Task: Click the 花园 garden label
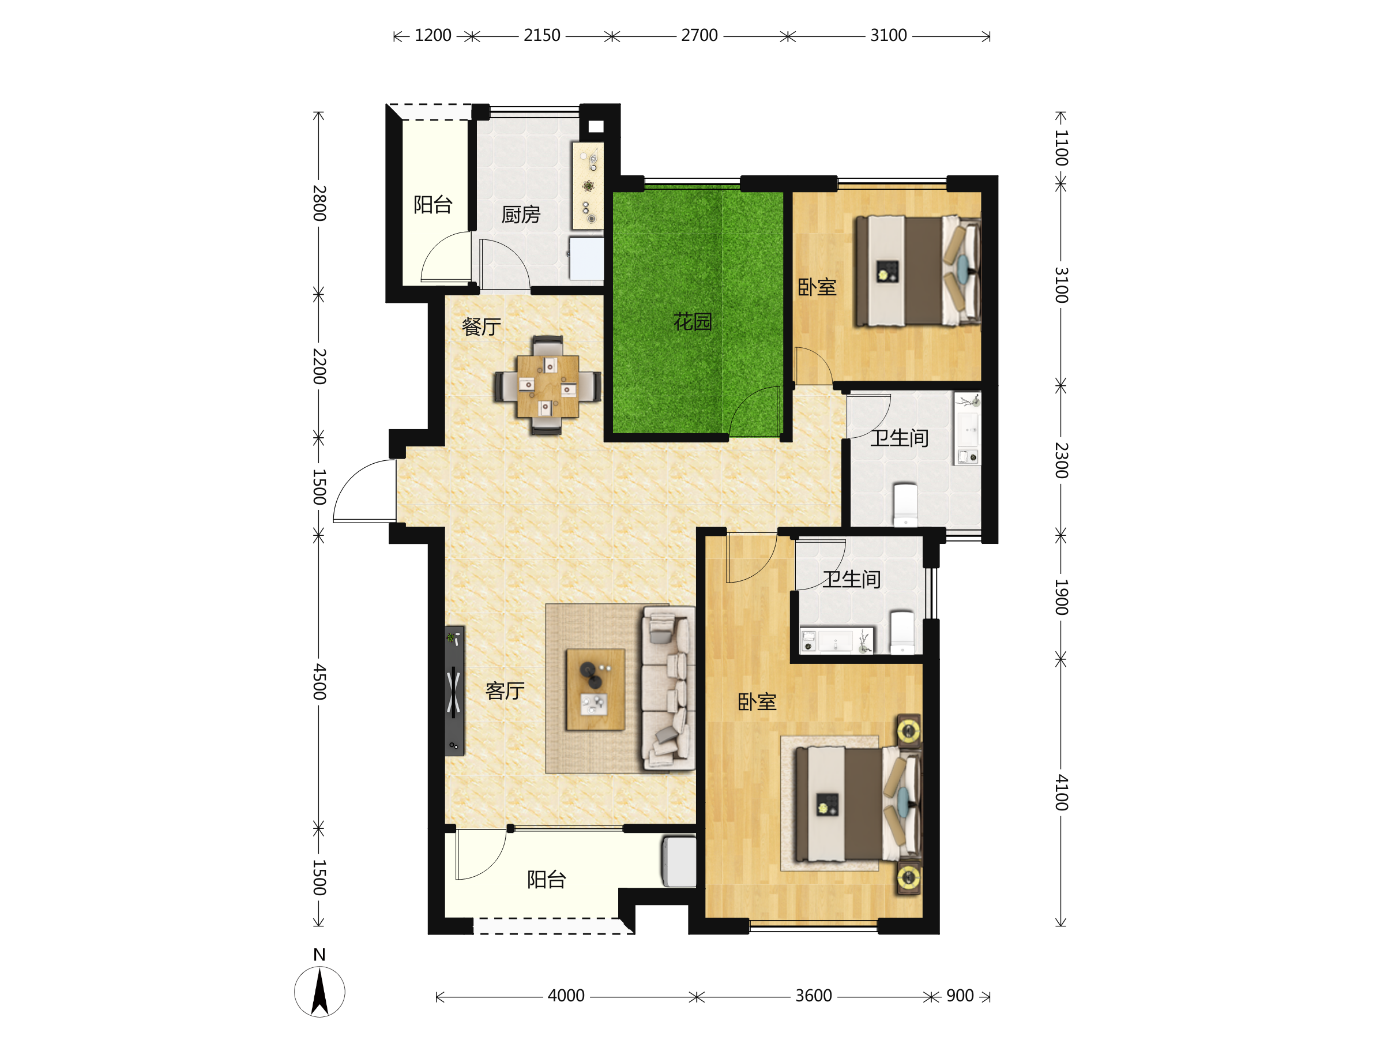click(693, 322)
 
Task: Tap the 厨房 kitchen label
click(521, 215)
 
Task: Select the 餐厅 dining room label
click(481, 326)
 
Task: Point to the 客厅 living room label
click(505, 691)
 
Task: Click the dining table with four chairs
click(547, 385)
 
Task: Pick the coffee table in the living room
click(595, 689)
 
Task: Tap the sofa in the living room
click(668, 688)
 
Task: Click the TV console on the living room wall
click(455, 691)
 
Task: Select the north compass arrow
click(319, 990)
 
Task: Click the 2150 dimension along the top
click(542, 36)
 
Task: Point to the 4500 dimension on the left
click(319, 682)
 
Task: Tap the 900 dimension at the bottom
click(960, 996)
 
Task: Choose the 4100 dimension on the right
click(1061, 793)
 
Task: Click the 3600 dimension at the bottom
click(813, 996)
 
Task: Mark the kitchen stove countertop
click(588, 186)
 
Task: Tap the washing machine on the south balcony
click(679, 862)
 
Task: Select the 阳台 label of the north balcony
click(433, 205)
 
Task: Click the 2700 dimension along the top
click(699, 36)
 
